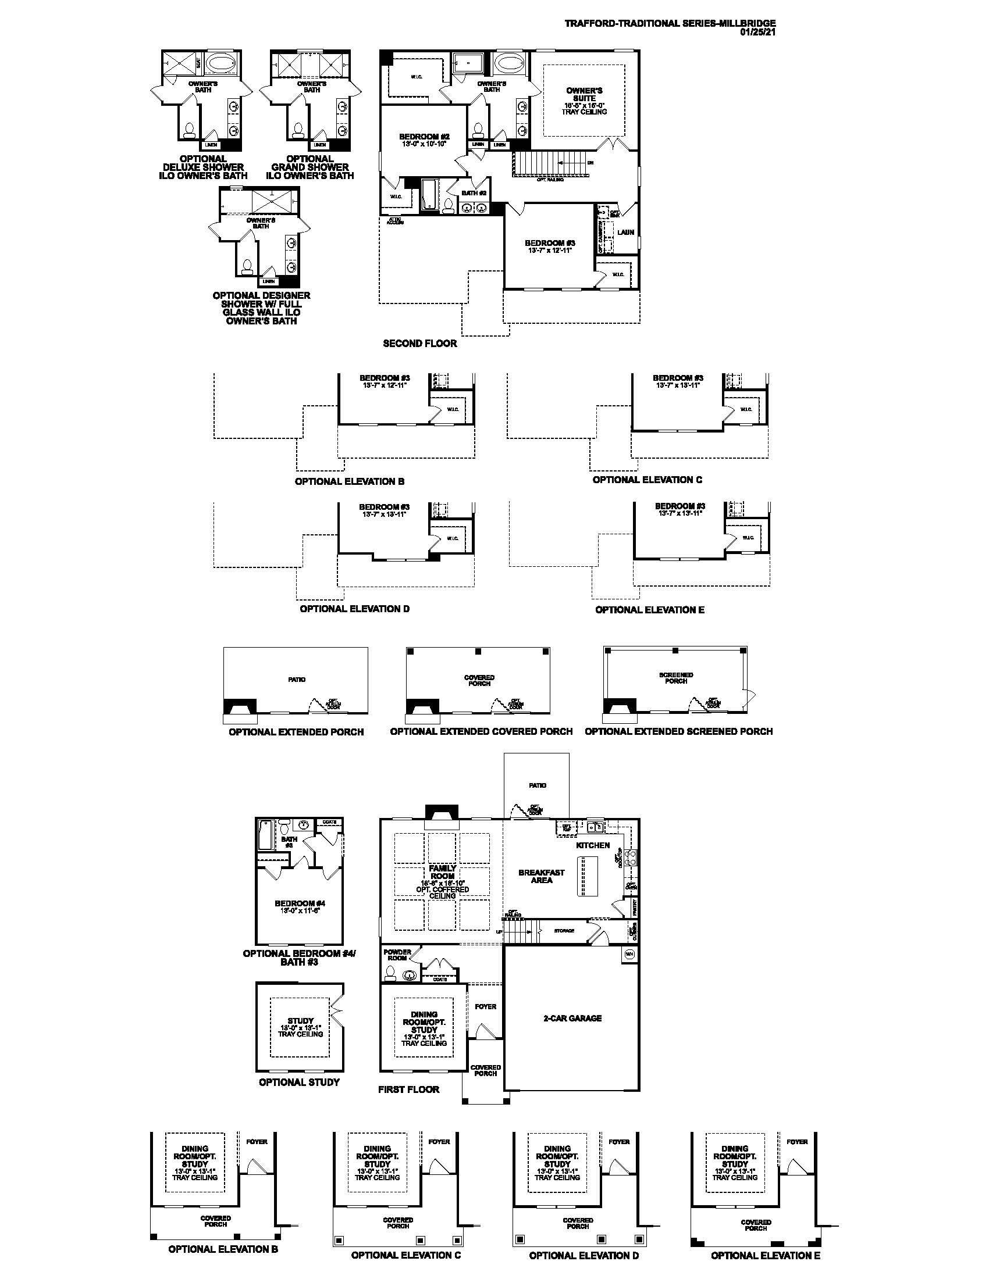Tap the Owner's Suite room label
point(584,95)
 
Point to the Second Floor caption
point(419,344)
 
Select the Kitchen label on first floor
point(593,845)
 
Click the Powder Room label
point(397,955)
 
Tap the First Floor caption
point(408,1089)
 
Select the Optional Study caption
point(300,1082)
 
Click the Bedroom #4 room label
point(300,903)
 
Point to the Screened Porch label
point(676,678)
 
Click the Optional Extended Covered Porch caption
point(481,731)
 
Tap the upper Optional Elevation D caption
point(354,609)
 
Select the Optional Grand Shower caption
point(310,167)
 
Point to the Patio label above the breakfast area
point(538,785)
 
